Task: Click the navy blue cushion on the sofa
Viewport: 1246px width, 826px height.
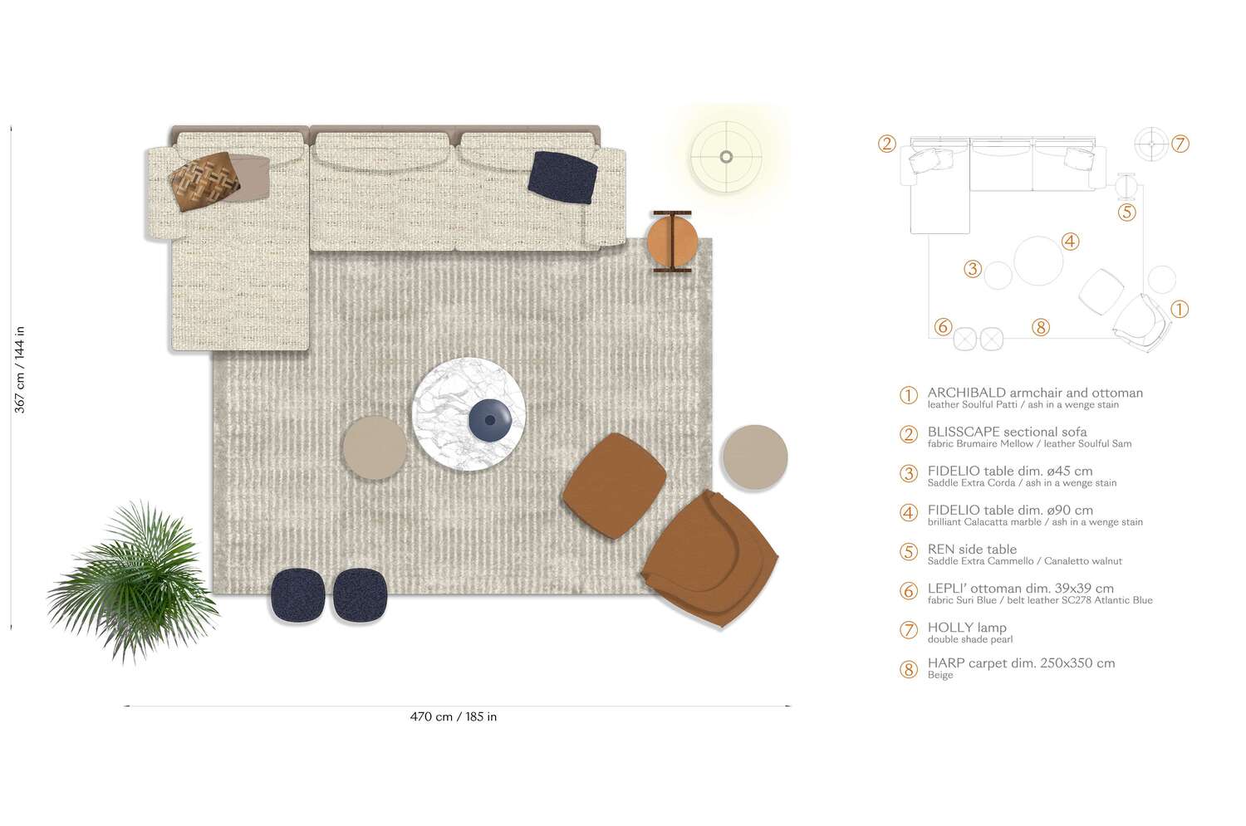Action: click(562, 178)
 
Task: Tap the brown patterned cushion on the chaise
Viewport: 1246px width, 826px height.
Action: click(204, 181)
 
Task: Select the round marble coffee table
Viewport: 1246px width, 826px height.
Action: click(469, 414)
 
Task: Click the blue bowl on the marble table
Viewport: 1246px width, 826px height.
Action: click(490, 420)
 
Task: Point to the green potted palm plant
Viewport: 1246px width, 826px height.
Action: click(134, 581)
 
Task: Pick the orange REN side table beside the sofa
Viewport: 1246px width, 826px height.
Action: click(672, 242)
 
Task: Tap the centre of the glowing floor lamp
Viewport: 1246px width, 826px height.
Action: click(726, 157)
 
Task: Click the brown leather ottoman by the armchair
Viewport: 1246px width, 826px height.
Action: click(615, 486)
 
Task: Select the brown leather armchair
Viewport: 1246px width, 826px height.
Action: click(710, 559)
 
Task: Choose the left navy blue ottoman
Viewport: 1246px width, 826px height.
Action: click(297, 594)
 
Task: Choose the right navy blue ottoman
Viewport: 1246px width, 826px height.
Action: click(360, 594)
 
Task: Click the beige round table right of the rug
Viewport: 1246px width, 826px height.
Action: click(755, 457)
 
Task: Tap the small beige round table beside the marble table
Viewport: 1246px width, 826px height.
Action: click(375, 447)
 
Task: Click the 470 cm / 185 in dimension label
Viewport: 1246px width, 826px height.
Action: click(454, 717)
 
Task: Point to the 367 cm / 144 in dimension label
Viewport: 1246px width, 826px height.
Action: click(19, 369)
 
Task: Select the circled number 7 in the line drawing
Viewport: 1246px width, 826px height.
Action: click(1180, 144)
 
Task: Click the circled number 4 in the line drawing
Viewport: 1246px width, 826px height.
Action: click(1070, 242)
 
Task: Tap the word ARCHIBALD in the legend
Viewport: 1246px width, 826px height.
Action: click(967, 393)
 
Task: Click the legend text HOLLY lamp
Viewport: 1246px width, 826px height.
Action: click(967, 628)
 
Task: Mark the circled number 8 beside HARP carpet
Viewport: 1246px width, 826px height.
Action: click(909, 669)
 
